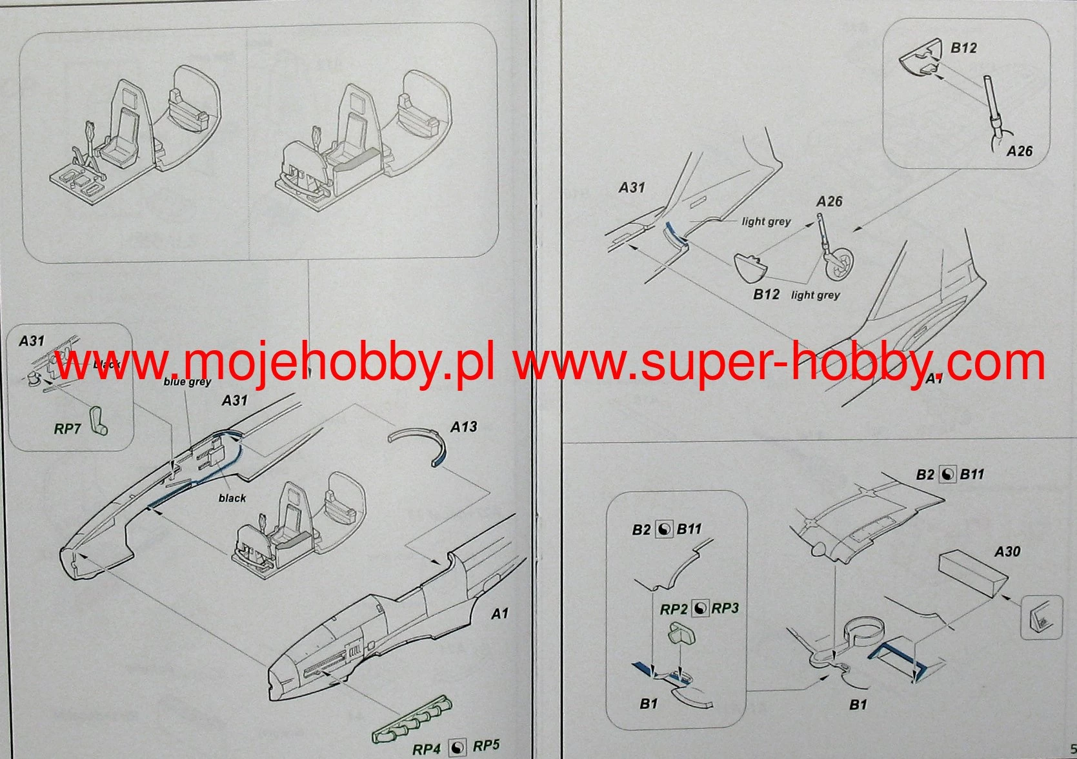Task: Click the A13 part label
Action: point(463,427)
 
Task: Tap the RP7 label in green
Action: point(67,429)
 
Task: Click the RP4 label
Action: point(427,749)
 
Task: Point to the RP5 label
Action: point(486,746)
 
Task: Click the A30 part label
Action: point(1007,551)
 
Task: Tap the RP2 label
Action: point(674,609)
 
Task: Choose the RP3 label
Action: point(725,608)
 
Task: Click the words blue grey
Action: point(187,382)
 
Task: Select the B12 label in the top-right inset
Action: point(963,48)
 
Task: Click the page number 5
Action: point(1072,749)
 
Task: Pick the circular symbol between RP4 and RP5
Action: point(457,747)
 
